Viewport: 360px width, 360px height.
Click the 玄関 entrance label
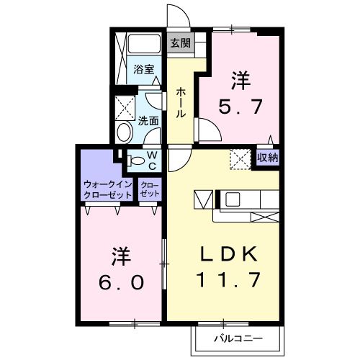pyautogui.click(x=180, y=42)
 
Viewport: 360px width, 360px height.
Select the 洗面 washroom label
pyautogui.click(x=149, y=121)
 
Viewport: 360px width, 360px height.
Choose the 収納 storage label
pyautogui.click(x=268, y=156)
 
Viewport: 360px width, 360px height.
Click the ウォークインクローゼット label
pyautogui.click(x=107, y=189)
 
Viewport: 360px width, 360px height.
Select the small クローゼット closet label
pyautogui.click(x=149, y=189)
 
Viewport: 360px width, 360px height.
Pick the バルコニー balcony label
pyautogui.click(x=237, y=338)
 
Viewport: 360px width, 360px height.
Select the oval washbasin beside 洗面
pyautogui.click(x=124, y=132)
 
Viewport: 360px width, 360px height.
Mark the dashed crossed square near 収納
pyautogui.click(x=239, y=156)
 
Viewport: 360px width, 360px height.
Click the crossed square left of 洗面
pyautogui.click(x=125, y=107)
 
